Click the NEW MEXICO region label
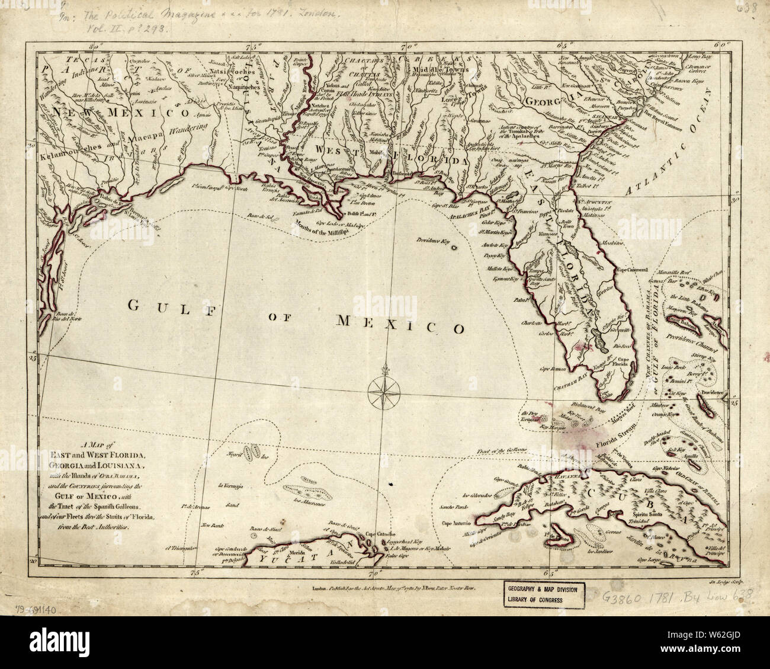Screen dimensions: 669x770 pyautogui.click(x=111, y=111)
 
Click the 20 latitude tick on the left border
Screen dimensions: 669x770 pyautogui.click(x=34, y=559)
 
